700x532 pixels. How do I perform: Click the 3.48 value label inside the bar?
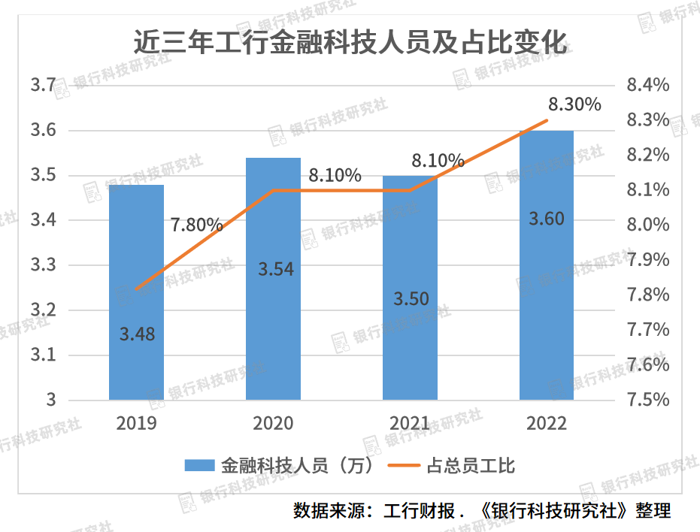(137, 334)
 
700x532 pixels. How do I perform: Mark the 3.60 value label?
(547, 219)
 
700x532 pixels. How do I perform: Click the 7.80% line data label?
(196, 224)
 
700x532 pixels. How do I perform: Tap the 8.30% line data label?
(574, 104)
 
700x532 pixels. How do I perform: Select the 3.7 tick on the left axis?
(43, 86)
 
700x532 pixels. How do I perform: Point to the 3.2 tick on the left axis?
(43, 310)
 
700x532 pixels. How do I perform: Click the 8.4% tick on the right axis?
(647, 86)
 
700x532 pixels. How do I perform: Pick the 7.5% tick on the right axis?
(647, 400)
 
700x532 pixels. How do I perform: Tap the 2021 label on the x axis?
(410, 424)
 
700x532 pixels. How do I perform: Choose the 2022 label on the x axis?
(547, 424)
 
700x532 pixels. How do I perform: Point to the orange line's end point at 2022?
(547, 121)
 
